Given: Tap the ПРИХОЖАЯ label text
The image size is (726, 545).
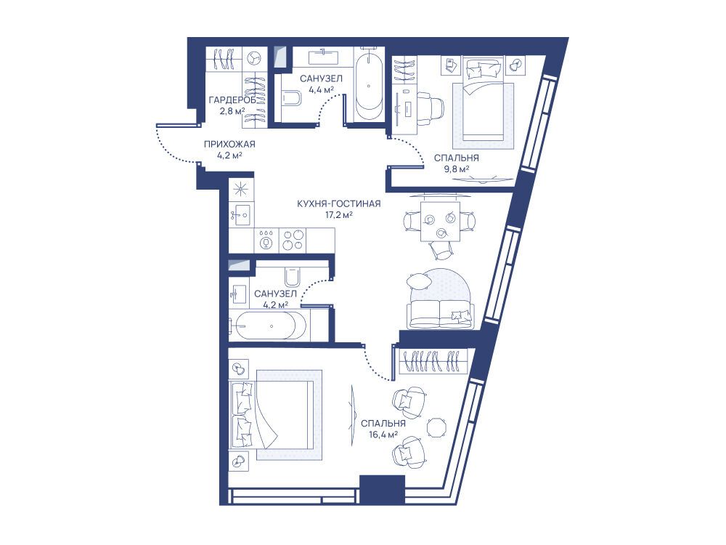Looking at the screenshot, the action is pyautogui.click(x=229, y=145).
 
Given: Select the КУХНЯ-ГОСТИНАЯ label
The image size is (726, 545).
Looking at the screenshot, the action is pyautogui.click(x=339, y=204).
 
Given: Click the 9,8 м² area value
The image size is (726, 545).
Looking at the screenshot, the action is pyautogui.click(x=456, y=169).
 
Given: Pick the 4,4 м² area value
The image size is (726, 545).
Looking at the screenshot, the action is pyautogui.click(x=321, y=90).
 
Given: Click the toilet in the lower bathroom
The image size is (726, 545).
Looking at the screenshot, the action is pyautogui.click(x=292, y=278).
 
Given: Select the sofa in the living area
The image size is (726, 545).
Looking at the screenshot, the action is pyautogui.click(x=439, y=314).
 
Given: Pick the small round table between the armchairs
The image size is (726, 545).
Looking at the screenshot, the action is pyautogui.click(x=436, y=427).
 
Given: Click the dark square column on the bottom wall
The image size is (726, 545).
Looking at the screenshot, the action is pyautogui.click(x=382, y=490).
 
